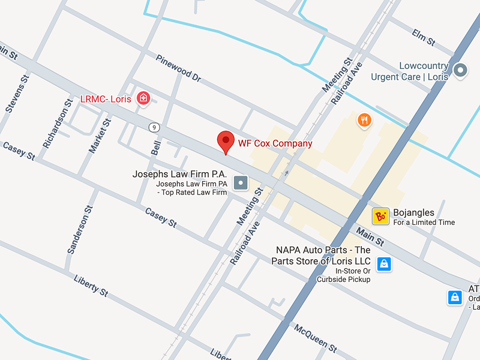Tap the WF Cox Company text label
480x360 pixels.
click(x=275, y=143)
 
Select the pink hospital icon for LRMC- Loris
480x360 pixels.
click(x=143, y=98)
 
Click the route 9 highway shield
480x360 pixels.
click(x=155, y=127)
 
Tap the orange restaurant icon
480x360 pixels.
click(x=364, y=121)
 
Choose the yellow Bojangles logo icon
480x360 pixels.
click(x=380, y=217)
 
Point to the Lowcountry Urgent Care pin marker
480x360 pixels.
click(x=460, y=71)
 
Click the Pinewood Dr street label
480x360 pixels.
click(x=178, y=68)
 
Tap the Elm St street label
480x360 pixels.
click(x=423, y=37)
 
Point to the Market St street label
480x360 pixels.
click(x=100, y=136)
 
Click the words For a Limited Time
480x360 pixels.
click(x=424, y=223)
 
